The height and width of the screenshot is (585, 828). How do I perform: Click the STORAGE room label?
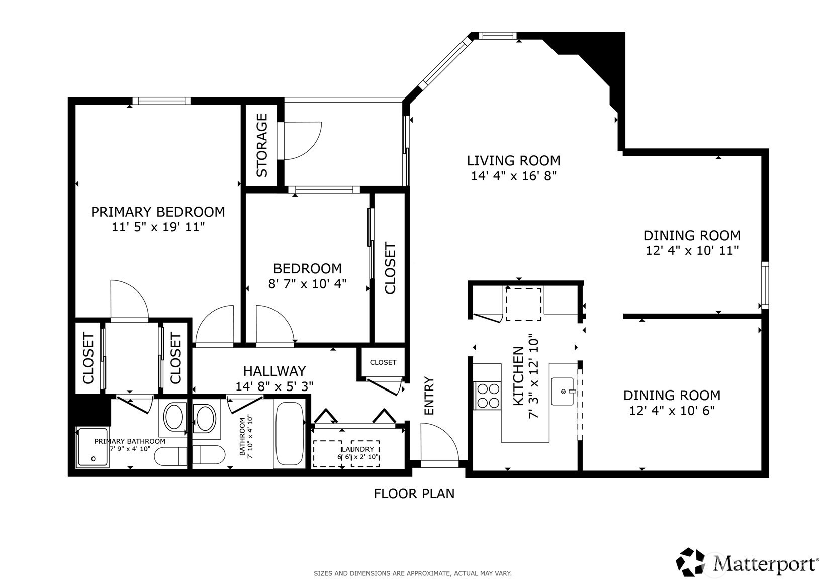pyautogui.click(x=262, y=145)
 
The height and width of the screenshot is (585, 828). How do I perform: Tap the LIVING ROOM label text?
pyautogui.click(x=513, y=161)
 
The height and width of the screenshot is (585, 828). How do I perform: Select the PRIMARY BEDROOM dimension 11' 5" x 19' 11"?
pyautogui.click(x=158, y=227)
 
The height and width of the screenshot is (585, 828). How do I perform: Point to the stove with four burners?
pyautogui.click(x=488, y=396)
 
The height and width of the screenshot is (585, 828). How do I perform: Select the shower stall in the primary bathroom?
pyautogui.click(x=93, y=447)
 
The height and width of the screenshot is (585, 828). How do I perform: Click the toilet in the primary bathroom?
pyautogui.click(x=170, y=456)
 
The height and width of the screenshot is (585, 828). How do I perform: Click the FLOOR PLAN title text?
pyautogui.click(x=414, y=494)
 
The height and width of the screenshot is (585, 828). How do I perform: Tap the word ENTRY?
pyautogui.click(x=429, y=396)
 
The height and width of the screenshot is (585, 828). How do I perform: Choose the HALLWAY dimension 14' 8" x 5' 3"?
pyautogui.click(x=274, y=386)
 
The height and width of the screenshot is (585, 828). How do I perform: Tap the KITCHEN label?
pyautogui.click(x=518, y=376)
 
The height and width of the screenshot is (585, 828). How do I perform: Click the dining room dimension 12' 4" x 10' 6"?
pyautogui.click(x=672, y=411)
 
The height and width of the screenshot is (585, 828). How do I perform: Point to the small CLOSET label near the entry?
pyautogui.click(x=383, y=362)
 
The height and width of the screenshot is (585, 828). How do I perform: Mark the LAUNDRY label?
pyautogui.click(x=358, y=449)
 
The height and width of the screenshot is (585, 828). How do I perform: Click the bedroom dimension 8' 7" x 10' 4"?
pyautogui.click(x=308, y=284)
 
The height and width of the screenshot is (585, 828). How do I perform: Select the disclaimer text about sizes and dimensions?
pyautogui.click(x=413, y=573)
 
